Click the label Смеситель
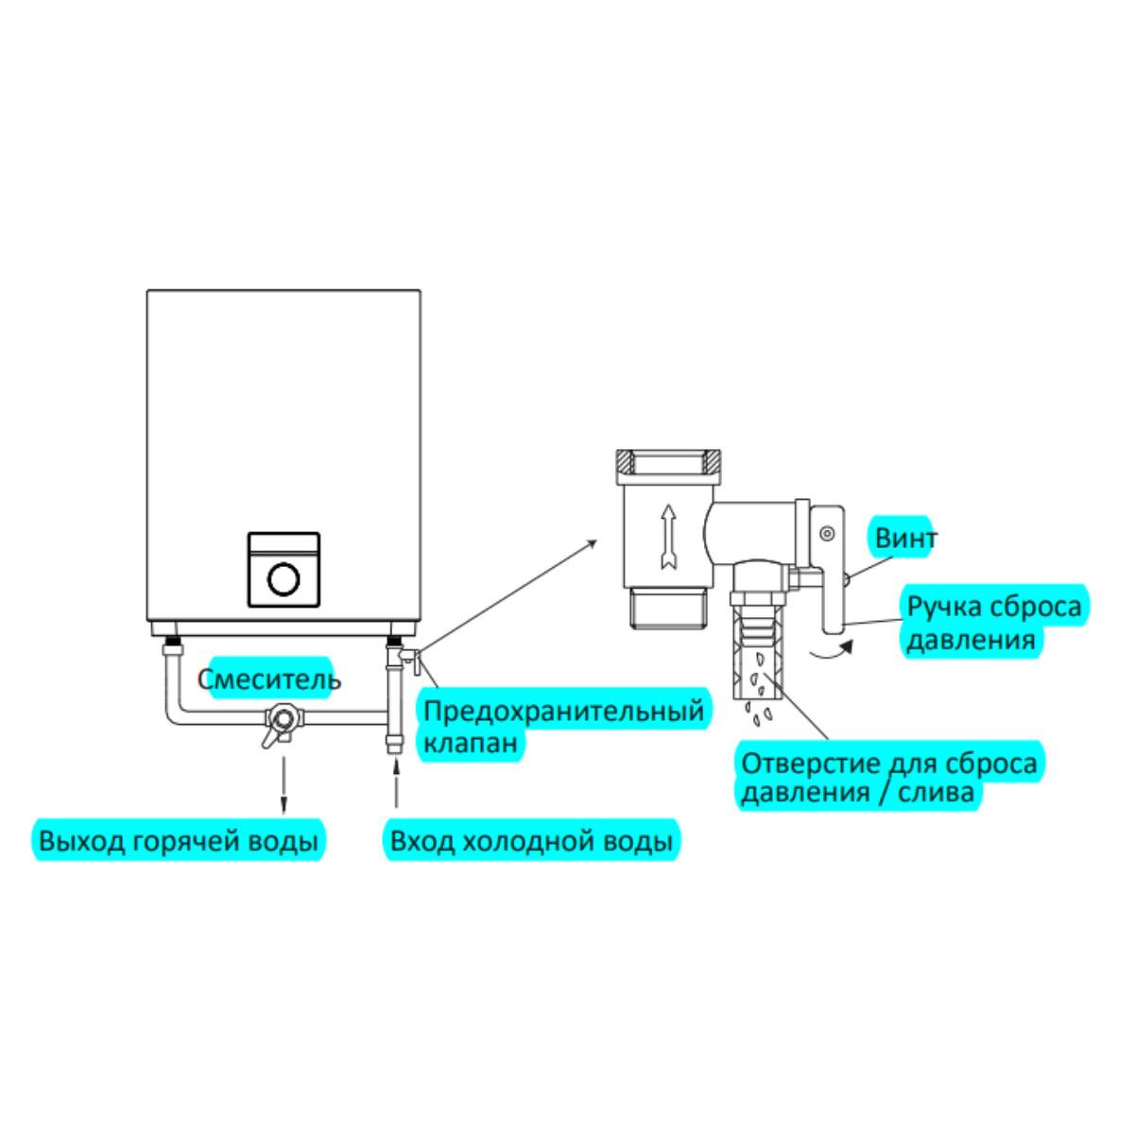pyautogui.click(x=269, y=679)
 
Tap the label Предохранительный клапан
pyautogui.click(x=563, y=725)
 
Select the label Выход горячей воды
pyautogui.click(x=178, y=840)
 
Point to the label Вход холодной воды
pyautogui.click(x=532, y=840)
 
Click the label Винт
pyautogui.click(x=904, y=539)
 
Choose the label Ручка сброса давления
pyautogui.click(x=992, y=622)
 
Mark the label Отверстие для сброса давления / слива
pyautogui.click(x=888, y=777)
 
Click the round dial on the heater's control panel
pyautogui.click(x=283, y=578)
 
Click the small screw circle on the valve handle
pyautogui.click(x=827, y=534)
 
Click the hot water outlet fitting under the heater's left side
pyautogui.click(x=172, y=650)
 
